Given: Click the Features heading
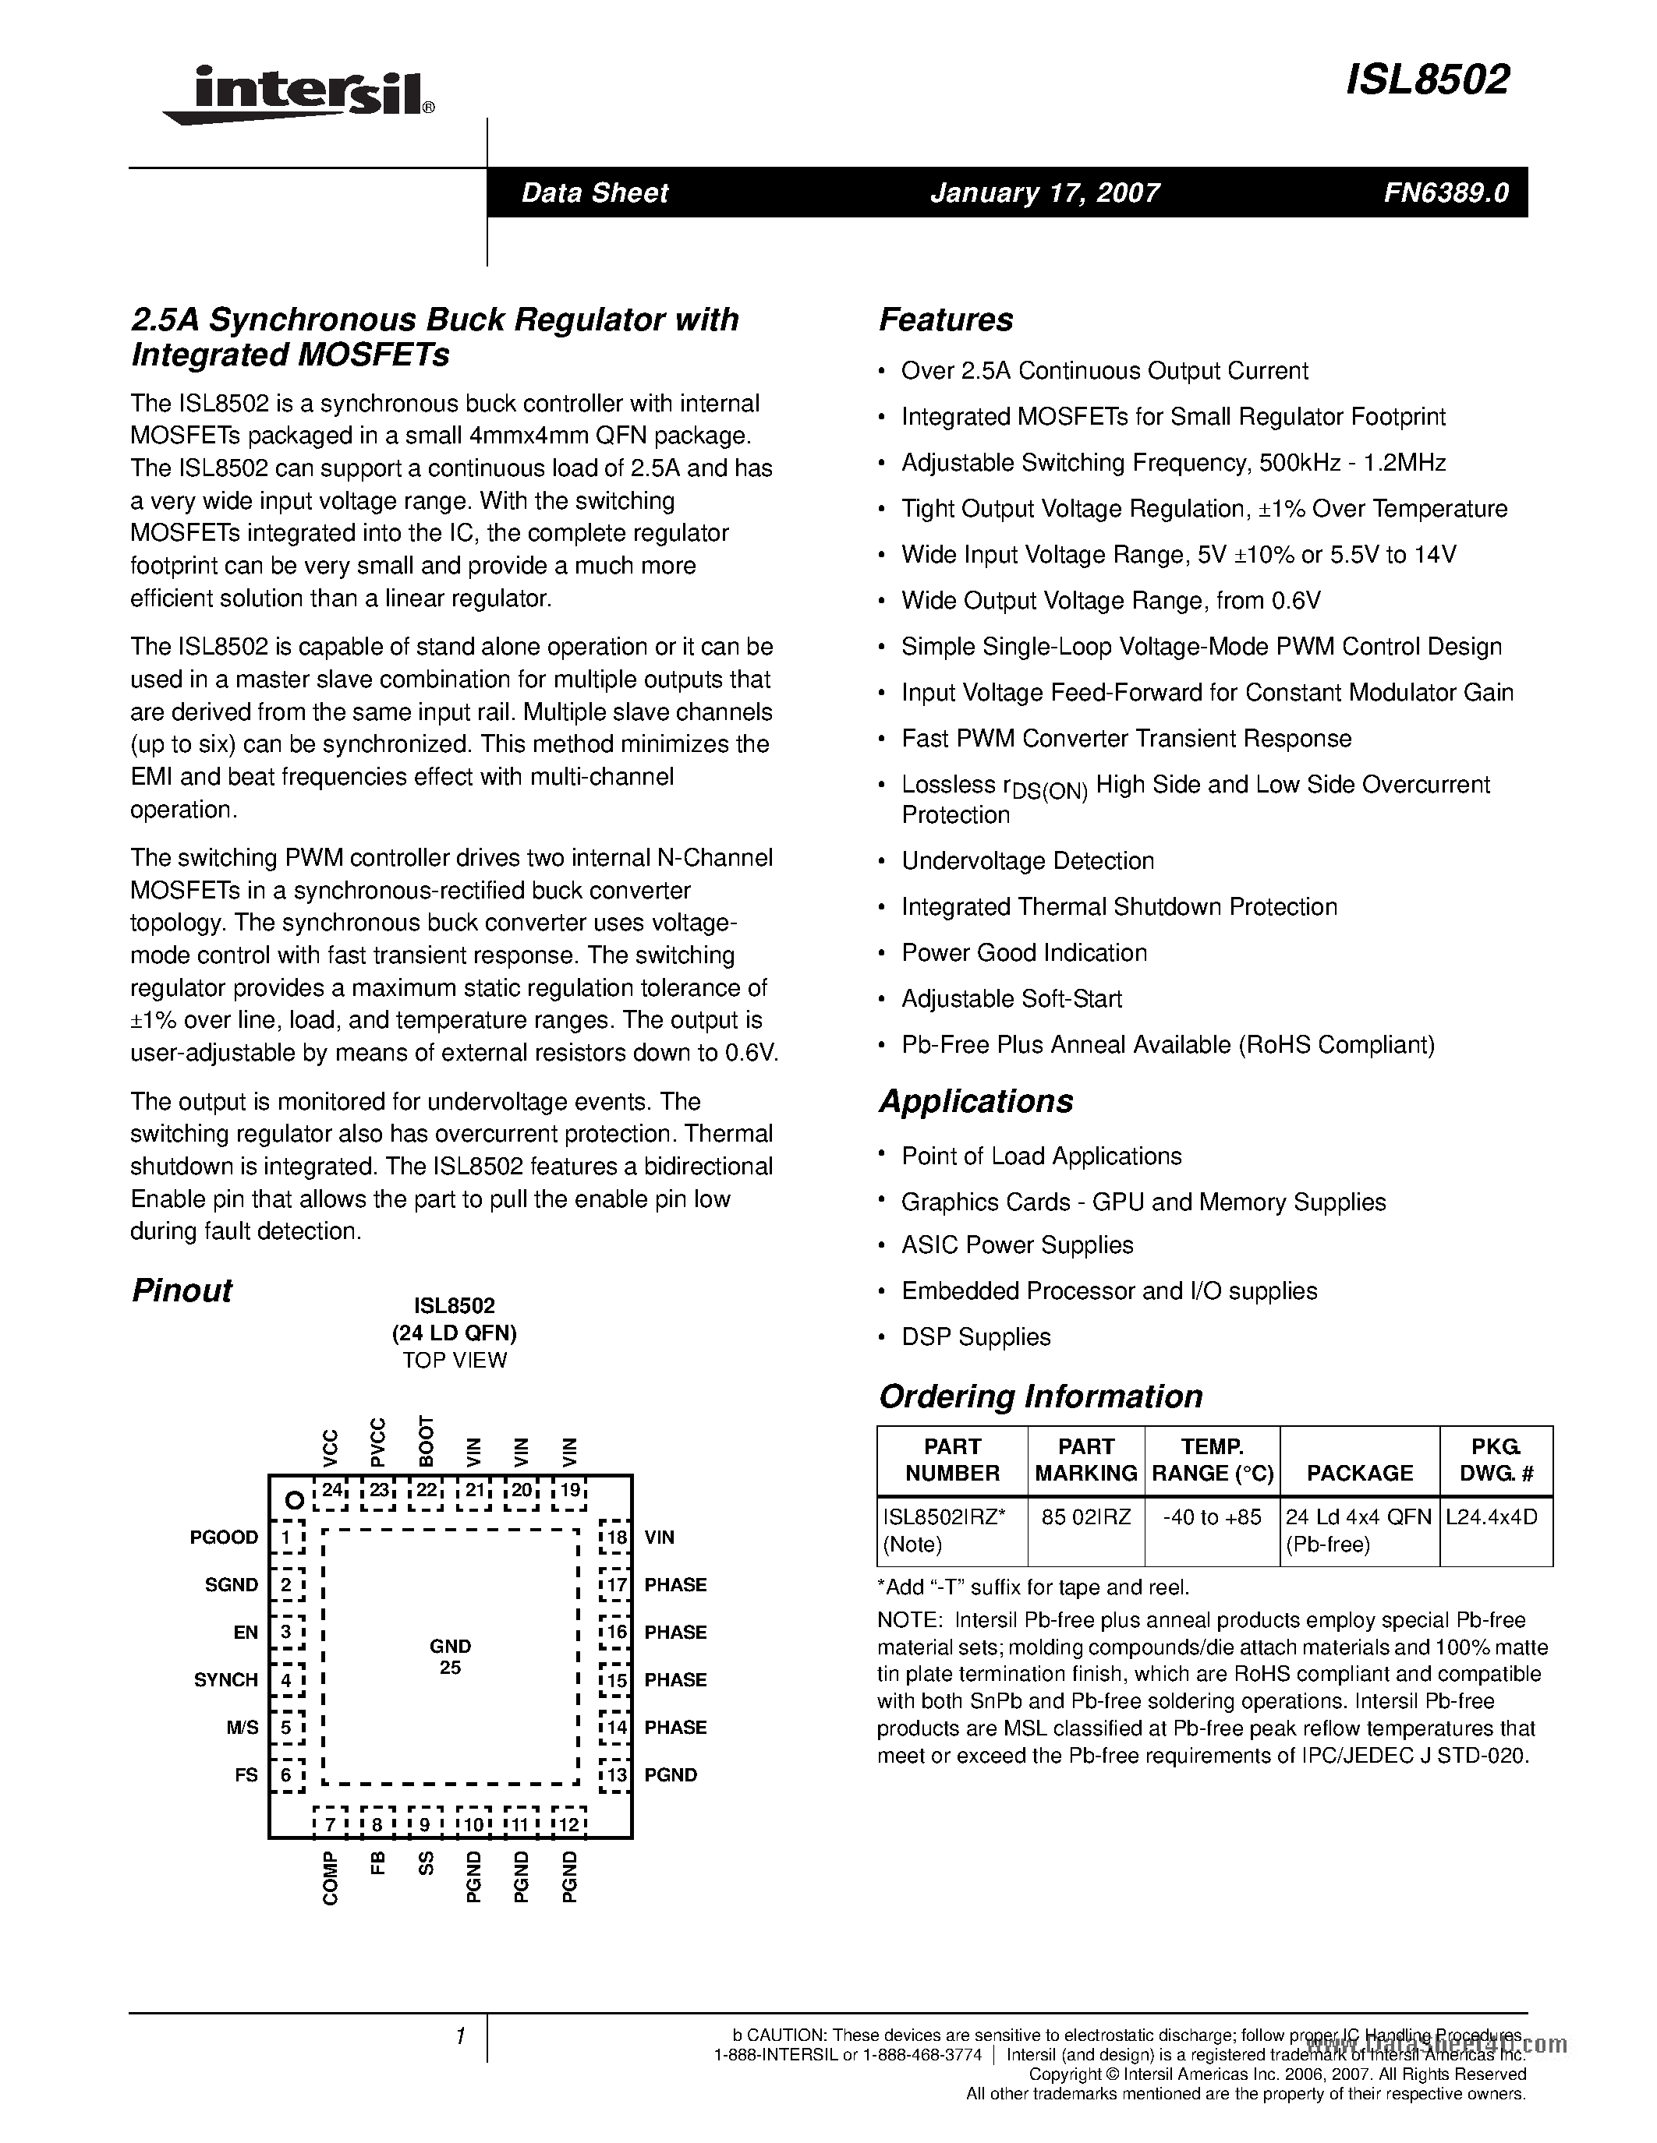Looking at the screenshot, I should [945, 320].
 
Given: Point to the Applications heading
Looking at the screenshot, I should [975, 1101].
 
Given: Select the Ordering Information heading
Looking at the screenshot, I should [1039, 1396].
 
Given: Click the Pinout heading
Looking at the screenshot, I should [182, 1290].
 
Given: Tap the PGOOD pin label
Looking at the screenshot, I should [224, 1538].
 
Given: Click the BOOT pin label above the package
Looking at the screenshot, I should [426, 1440].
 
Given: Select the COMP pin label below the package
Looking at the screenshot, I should [331, 1878].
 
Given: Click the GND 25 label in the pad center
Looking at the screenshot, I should [450, 1656].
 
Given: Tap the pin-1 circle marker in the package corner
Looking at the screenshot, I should [292, 1499].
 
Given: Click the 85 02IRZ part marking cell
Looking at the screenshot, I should [1085, 1517].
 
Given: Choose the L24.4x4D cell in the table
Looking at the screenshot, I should [1491, 1517].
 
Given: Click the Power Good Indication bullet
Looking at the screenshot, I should [1024, 953].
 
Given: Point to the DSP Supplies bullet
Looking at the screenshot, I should [975, 1336].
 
